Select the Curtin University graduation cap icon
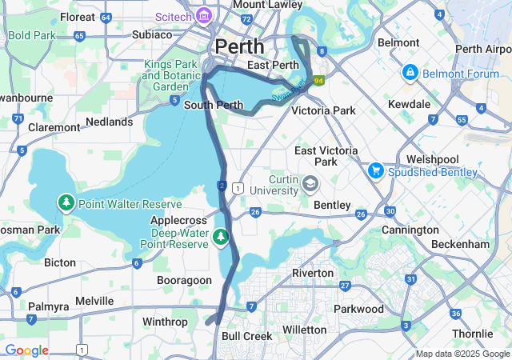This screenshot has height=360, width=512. click(x=309, y=186)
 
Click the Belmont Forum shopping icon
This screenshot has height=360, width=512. click(x=410, y=73)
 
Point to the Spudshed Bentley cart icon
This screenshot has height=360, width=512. click(x=375, y=170)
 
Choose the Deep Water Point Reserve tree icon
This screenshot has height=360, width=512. click(x=220, y=237)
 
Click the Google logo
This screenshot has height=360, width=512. click(x=26, y=350)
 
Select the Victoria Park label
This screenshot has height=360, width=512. click(x=323, y=110)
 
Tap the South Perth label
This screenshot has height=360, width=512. click(x=213, y=105)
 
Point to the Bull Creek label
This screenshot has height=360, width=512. click(x=247, y=336)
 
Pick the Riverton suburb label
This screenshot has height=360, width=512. click(x=312, y=273)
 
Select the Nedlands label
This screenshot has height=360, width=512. click(x=109, y=122)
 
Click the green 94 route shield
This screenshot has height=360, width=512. click(x=318, y=81)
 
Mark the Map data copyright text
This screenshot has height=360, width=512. click(x=462, y=354)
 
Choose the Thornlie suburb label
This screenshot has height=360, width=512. click(x=472, y=334)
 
